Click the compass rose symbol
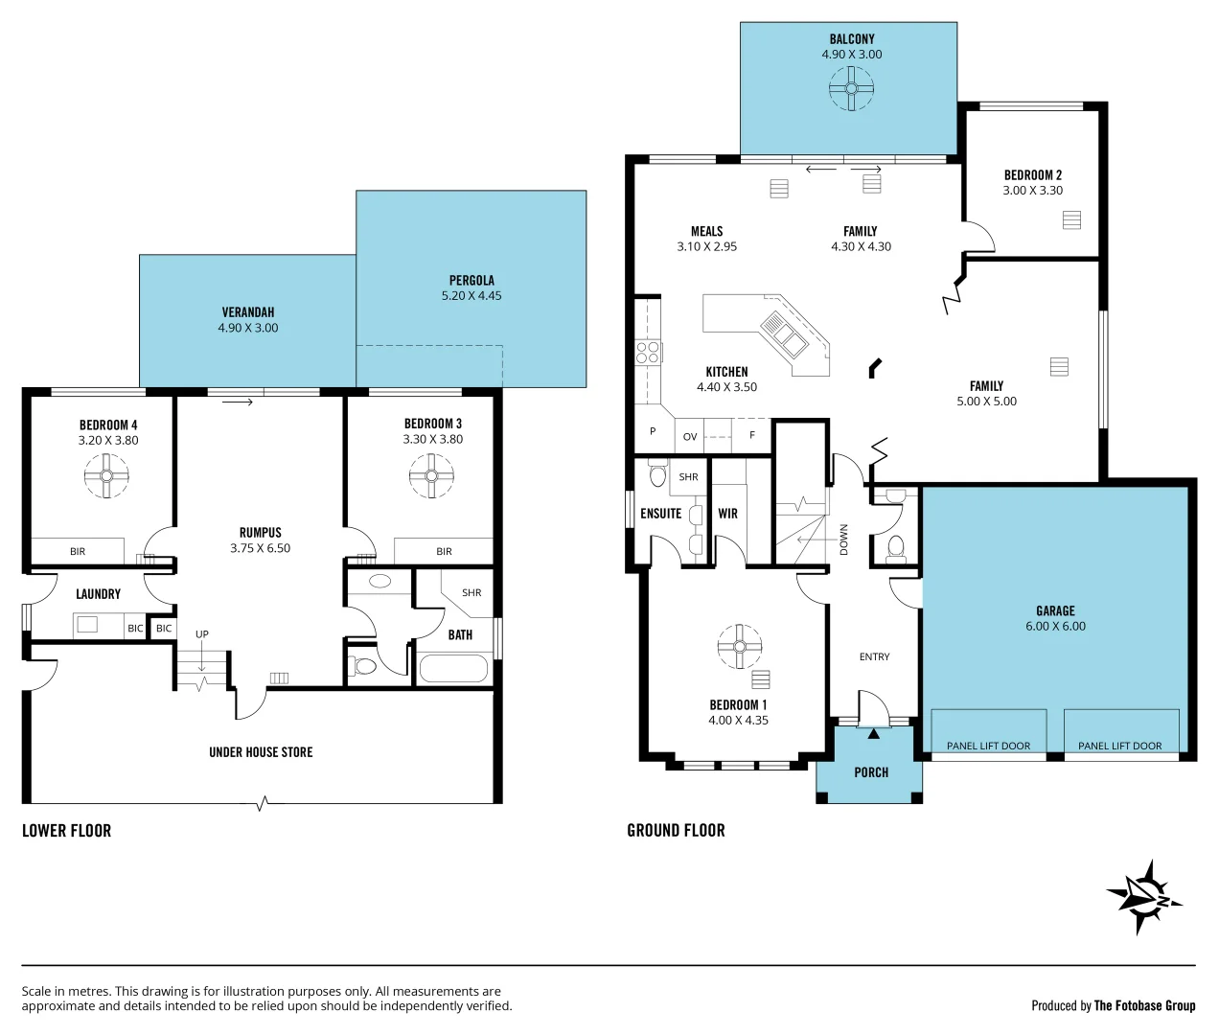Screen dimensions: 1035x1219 (1143, 897)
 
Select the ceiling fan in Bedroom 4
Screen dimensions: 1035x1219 (106, 475)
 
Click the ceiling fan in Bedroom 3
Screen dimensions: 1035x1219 (431, 475)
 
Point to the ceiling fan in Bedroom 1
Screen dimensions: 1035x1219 (739, 647)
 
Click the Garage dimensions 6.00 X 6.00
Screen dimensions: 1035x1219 (1055, 627)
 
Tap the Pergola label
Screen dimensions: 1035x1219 (471, 281)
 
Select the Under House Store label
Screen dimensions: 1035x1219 (261, 752)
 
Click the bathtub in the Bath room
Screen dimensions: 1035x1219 (453, 668)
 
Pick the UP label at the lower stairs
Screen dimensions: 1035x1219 (202, 634)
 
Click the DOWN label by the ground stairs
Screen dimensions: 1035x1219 (843, 540)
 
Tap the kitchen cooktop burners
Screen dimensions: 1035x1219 (648, 352)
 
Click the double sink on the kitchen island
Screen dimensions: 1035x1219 (784, 333)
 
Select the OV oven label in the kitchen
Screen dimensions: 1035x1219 (690, 437)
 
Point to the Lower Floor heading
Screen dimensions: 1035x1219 (67, 831)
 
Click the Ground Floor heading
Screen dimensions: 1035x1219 (676, 831)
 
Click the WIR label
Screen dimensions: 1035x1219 (728, 514)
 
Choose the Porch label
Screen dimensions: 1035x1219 (871, 772)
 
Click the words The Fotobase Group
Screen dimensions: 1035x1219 (1144, 1005)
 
